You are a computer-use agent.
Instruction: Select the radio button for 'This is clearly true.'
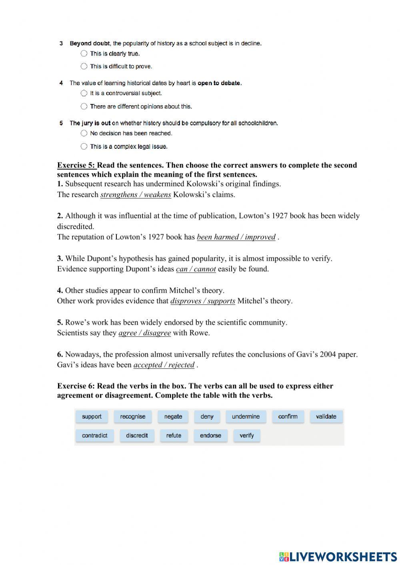tap(84, 54)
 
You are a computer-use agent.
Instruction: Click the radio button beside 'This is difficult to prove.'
tap(84, 66)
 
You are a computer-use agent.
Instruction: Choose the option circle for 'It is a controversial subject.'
tap(84, 93)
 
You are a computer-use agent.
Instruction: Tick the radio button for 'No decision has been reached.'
tap(84, 133)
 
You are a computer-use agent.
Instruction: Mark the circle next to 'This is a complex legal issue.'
tap(84, 146)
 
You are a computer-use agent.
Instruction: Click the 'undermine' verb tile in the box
tap(246, 417)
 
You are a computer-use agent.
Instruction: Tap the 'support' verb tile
tap(92, 417)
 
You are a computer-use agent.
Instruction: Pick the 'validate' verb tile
tap(326, 417)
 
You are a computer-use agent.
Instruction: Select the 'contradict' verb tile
tap(94, 435)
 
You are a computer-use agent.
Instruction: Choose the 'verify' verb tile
tap(247, 435)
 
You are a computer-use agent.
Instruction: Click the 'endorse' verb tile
tap(210, 435)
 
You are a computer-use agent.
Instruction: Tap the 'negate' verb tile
tap(173, 417)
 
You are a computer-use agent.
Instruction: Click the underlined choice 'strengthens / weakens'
tap(136, 195)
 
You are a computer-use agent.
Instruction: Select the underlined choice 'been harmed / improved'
tap(236, 237)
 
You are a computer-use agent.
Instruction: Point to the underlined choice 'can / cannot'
tap(196, 269)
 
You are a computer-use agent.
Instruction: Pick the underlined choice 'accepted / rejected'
tap(164, 365)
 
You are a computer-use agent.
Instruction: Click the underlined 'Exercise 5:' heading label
tap(76, 165)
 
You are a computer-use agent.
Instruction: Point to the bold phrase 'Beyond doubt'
tap(90, 43)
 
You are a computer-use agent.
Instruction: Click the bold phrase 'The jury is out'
tap(90, 123)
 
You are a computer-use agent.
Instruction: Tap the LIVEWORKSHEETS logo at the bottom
tap(338, 556)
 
